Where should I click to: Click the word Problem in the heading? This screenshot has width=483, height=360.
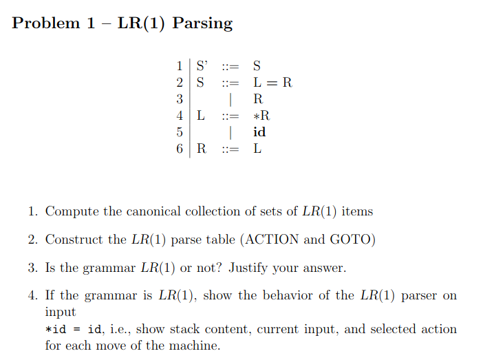point(46,23)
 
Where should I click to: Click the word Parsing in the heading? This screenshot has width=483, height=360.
point(202,23)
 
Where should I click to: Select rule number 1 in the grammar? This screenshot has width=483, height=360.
point(180,66)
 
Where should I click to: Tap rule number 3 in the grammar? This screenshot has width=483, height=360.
point(180,99)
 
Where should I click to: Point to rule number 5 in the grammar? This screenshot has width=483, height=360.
point(180,131)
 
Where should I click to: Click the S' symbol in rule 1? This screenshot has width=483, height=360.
point(202,66)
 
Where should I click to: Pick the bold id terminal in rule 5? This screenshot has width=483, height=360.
point(259,131)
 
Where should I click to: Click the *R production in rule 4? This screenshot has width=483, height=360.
point(261,115)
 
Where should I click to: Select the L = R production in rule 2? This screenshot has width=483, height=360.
point(272,83)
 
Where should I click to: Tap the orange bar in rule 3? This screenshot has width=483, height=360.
point(230,99)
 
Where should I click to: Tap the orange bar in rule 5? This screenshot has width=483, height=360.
point(230,131)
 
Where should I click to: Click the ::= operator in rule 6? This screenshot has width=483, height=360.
point(230,148)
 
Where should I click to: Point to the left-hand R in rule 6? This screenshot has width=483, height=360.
point(202,148)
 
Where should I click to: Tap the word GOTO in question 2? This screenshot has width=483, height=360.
point(350,240)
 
